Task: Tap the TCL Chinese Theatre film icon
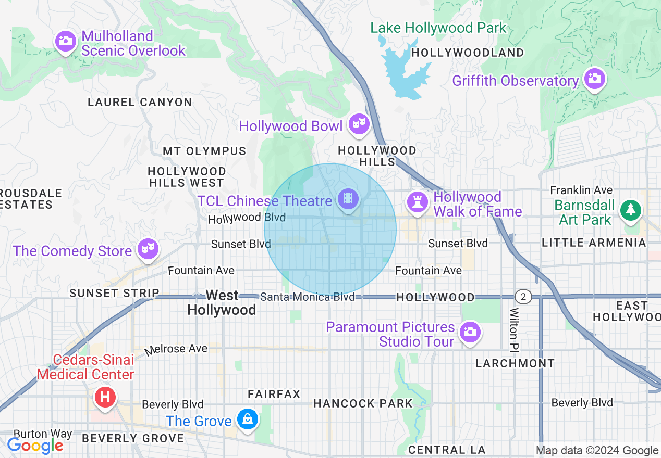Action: point(348,198)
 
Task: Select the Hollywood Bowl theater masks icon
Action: point(359,123)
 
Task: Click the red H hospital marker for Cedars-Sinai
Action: point(105,397)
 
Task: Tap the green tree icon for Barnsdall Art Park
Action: point(631,210)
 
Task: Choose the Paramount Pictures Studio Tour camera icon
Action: point(470,331)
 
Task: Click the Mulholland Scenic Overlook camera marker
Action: point(66,41)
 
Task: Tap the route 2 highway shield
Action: point(523,297)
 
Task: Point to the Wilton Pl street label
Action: point(514,328)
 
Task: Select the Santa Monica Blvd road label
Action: point(307,297)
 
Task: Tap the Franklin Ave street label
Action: point(581,190)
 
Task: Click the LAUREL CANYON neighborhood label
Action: point(140,102)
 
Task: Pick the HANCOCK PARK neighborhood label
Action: point(363,403)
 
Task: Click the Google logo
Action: point(34,446)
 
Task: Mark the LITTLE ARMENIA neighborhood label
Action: point(594,243)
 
